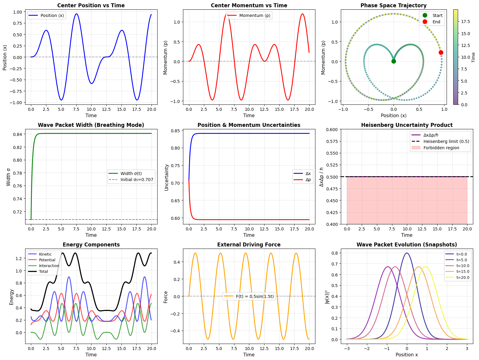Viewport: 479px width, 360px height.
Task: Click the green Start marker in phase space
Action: tap(394, 61)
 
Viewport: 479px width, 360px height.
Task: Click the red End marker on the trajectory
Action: tap(441, 52)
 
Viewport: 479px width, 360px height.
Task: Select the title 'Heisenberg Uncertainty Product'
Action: tap(407, 125)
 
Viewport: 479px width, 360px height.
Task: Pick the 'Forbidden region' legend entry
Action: tap(441, 148)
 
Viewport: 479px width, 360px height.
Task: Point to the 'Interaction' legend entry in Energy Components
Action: tap(49, 266)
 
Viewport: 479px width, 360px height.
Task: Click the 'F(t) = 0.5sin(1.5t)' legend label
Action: tap(254, 296)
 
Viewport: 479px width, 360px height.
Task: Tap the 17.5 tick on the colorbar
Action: tap(465, 21)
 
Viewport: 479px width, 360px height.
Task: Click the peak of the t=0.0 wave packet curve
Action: tap(407, 253)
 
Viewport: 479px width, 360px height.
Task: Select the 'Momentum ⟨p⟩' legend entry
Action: tap(254, 15)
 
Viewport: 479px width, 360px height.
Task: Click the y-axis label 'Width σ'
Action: tap(8, 177)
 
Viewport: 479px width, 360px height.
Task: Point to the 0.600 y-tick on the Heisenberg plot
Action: tap(332, 130)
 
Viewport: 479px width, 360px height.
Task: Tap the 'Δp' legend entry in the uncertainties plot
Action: tap(308, 180)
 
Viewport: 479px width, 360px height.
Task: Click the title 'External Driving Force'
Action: tap(249, 245)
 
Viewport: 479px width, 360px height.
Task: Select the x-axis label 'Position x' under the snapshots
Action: tap(407, 355)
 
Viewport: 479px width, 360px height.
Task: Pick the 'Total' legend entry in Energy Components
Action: tap(44, 272)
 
